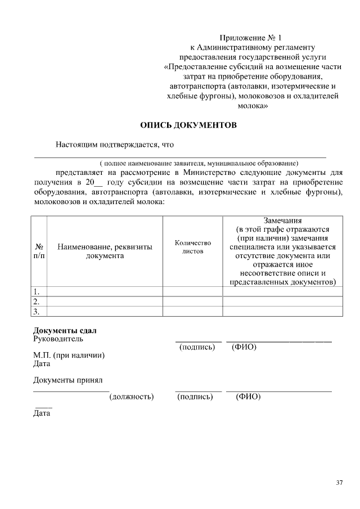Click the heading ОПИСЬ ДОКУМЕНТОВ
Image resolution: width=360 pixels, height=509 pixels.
(x=188, y=125)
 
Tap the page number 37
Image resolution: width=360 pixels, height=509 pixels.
(x=339, y=483)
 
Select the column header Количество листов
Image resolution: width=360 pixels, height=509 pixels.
(x=192, y=247)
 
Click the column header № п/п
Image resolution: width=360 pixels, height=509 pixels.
(x=39, y=251)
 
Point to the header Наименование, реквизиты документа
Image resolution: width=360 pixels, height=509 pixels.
(x=105, y=251)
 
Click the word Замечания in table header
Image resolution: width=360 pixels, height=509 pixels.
(x=282, y=220)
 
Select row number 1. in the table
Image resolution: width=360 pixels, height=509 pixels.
(x=37, y=291)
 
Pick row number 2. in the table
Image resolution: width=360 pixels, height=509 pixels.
(x=37, y=301)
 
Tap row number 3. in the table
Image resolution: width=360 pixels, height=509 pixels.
(x=37, y=311)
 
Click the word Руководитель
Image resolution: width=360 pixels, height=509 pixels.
(x=58, y=339)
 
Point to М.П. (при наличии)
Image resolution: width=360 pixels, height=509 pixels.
(x=69, y=355)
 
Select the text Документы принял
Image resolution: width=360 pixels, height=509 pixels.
(x=67, y=380)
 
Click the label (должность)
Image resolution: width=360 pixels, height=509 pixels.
(x=131, y=397)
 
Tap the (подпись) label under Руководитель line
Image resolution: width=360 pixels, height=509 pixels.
(x=197, y=347)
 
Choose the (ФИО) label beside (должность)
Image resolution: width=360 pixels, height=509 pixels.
(x=248, y=397)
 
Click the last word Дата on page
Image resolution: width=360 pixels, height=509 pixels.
(x=42, y=413)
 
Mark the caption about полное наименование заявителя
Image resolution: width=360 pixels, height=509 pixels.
(x=195, y=162)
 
